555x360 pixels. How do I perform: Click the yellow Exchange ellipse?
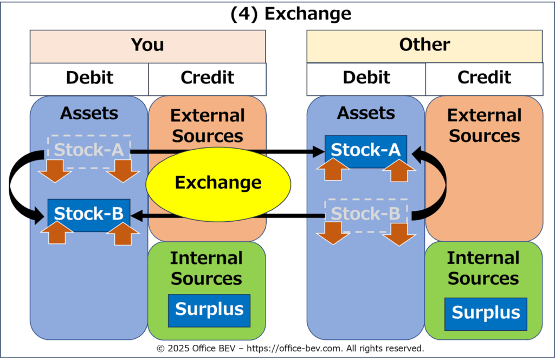218,184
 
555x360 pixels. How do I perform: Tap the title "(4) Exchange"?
291,14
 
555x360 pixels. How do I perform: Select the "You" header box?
148,47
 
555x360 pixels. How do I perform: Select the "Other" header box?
424,47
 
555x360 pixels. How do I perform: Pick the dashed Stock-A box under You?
89,151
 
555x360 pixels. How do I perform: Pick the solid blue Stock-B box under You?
89,215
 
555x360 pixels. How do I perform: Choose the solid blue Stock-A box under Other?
366,151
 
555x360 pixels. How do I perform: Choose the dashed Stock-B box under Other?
366,215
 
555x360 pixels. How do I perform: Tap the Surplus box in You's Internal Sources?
209,311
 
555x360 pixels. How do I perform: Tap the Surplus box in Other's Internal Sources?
486,314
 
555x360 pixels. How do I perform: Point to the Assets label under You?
89,113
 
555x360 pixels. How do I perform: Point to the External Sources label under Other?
484,125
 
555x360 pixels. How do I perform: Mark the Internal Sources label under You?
206,268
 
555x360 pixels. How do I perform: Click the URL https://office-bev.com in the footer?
294,348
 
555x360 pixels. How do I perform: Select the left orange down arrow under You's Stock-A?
55,171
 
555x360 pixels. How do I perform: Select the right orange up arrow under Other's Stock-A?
399,170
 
